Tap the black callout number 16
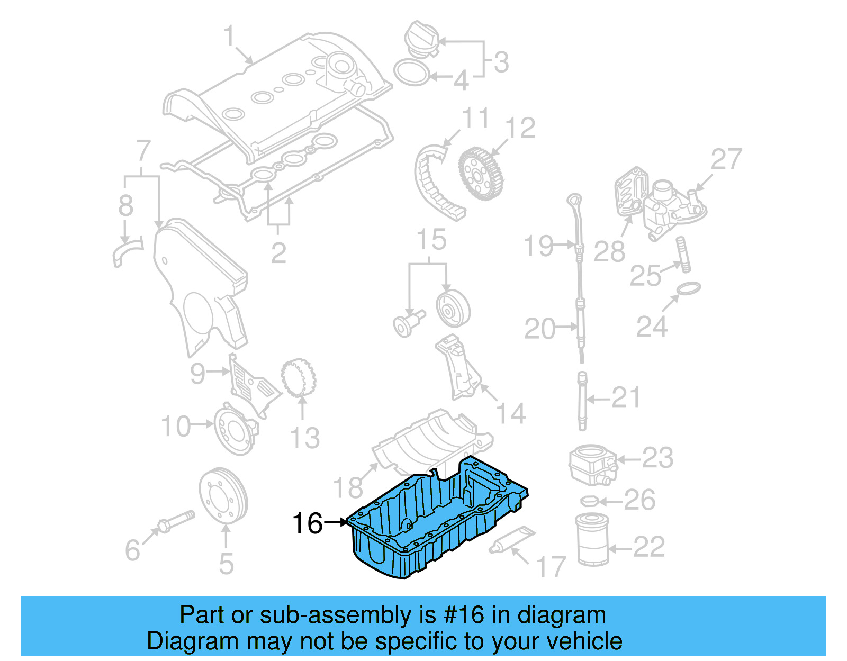pyautogui.click(x=307, y=523)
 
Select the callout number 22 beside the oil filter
pyautogui.click(x=648, y=547)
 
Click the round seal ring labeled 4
pyautogui.click(x=412, y=73)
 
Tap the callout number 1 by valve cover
pyautogui.click(x=229, y=37)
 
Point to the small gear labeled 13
pyautogui.click(x=298, y=378)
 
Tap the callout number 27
pyautogui.click(x=726, y=159)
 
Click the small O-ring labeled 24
pyautogui.click(x=688, y=289)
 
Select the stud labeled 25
pyautogui.click(x=683, y=255)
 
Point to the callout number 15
pyautogui.click(x=431, y=240)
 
